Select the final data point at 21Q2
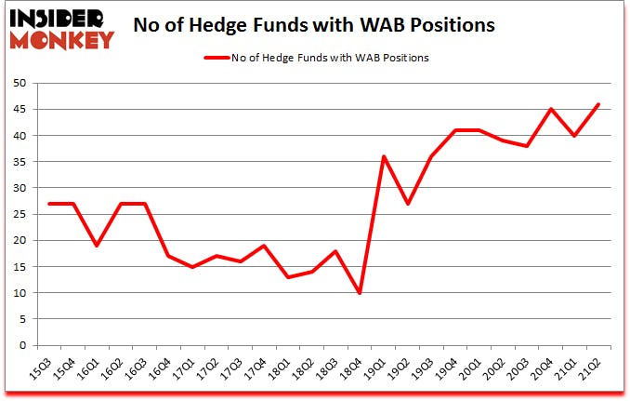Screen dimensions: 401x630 pos(599,104)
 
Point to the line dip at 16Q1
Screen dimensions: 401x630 pos(97,246)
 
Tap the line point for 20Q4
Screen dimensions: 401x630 pos(551,109)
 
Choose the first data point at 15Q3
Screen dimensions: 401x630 pos(48,204)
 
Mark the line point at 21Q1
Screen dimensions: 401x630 pos(575,136)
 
